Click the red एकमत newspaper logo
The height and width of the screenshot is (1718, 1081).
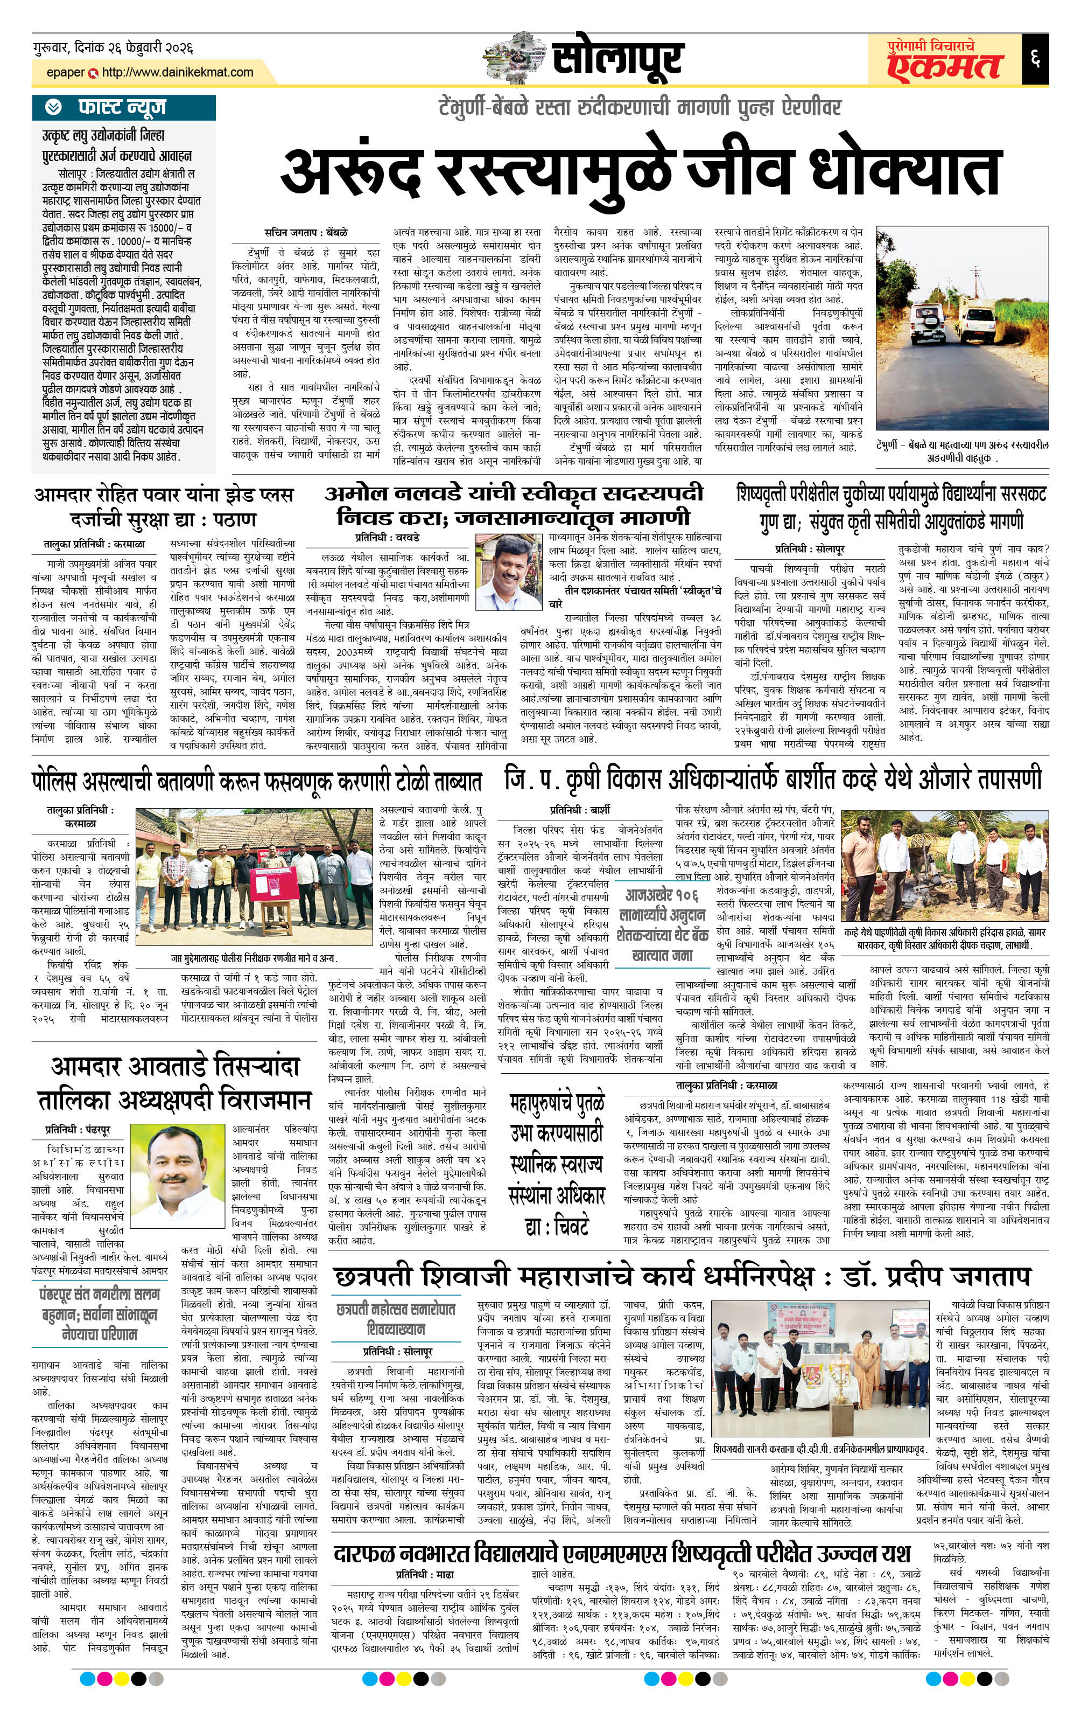tap(944, 66)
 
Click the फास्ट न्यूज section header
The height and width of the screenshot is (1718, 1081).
tap(121, 107)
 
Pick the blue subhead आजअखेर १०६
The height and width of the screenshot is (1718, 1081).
tap(661, 895)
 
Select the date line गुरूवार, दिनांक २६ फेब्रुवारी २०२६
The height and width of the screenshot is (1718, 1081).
tap(113, 48)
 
